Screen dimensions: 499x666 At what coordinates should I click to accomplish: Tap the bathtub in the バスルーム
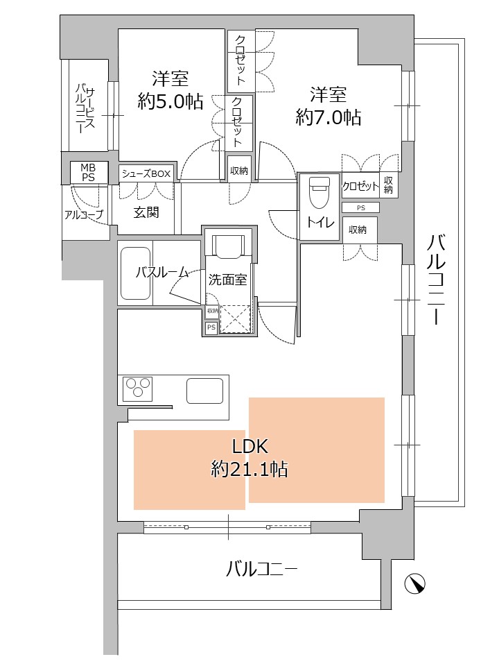click(x=135, y=273)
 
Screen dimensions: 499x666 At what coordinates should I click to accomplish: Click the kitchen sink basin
click(x=205, y=391)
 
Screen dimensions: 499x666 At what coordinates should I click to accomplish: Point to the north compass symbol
click(x=414, y=583)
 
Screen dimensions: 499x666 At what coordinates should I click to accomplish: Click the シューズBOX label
click(x=146, y=173)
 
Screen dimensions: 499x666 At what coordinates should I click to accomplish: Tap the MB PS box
click(x=88, y=173)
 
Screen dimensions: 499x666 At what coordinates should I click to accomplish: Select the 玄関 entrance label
click(x=146, y=212)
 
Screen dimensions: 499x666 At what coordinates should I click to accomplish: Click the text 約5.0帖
click(x=170, y=101)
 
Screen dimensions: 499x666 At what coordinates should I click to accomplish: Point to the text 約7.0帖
click(x=329, y=117)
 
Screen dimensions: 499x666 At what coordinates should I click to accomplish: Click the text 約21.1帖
click(x=249, y=469)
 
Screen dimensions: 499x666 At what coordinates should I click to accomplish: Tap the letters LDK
click(x=250, y=446)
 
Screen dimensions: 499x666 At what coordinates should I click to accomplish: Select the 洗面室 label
click(x=228, y=280)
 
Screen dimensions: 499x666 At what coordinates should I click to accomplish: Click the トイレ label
click(x=321, y=222)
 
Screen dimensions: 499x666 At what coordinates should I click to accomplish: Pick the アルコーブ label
click(x=84, y=215)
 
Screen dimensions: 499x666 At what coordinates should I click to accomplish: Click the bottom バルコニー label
click(x=261, y=569)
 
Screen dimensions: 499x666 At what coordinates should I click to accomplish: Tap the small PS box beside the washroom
click(x=211, y=327)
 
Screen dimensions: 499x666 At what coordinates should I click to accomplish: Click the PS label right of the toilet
click(x=360, y=207)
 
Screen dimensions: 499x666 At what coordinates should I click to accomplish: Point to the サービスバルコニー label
click(x=85, y=109)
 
